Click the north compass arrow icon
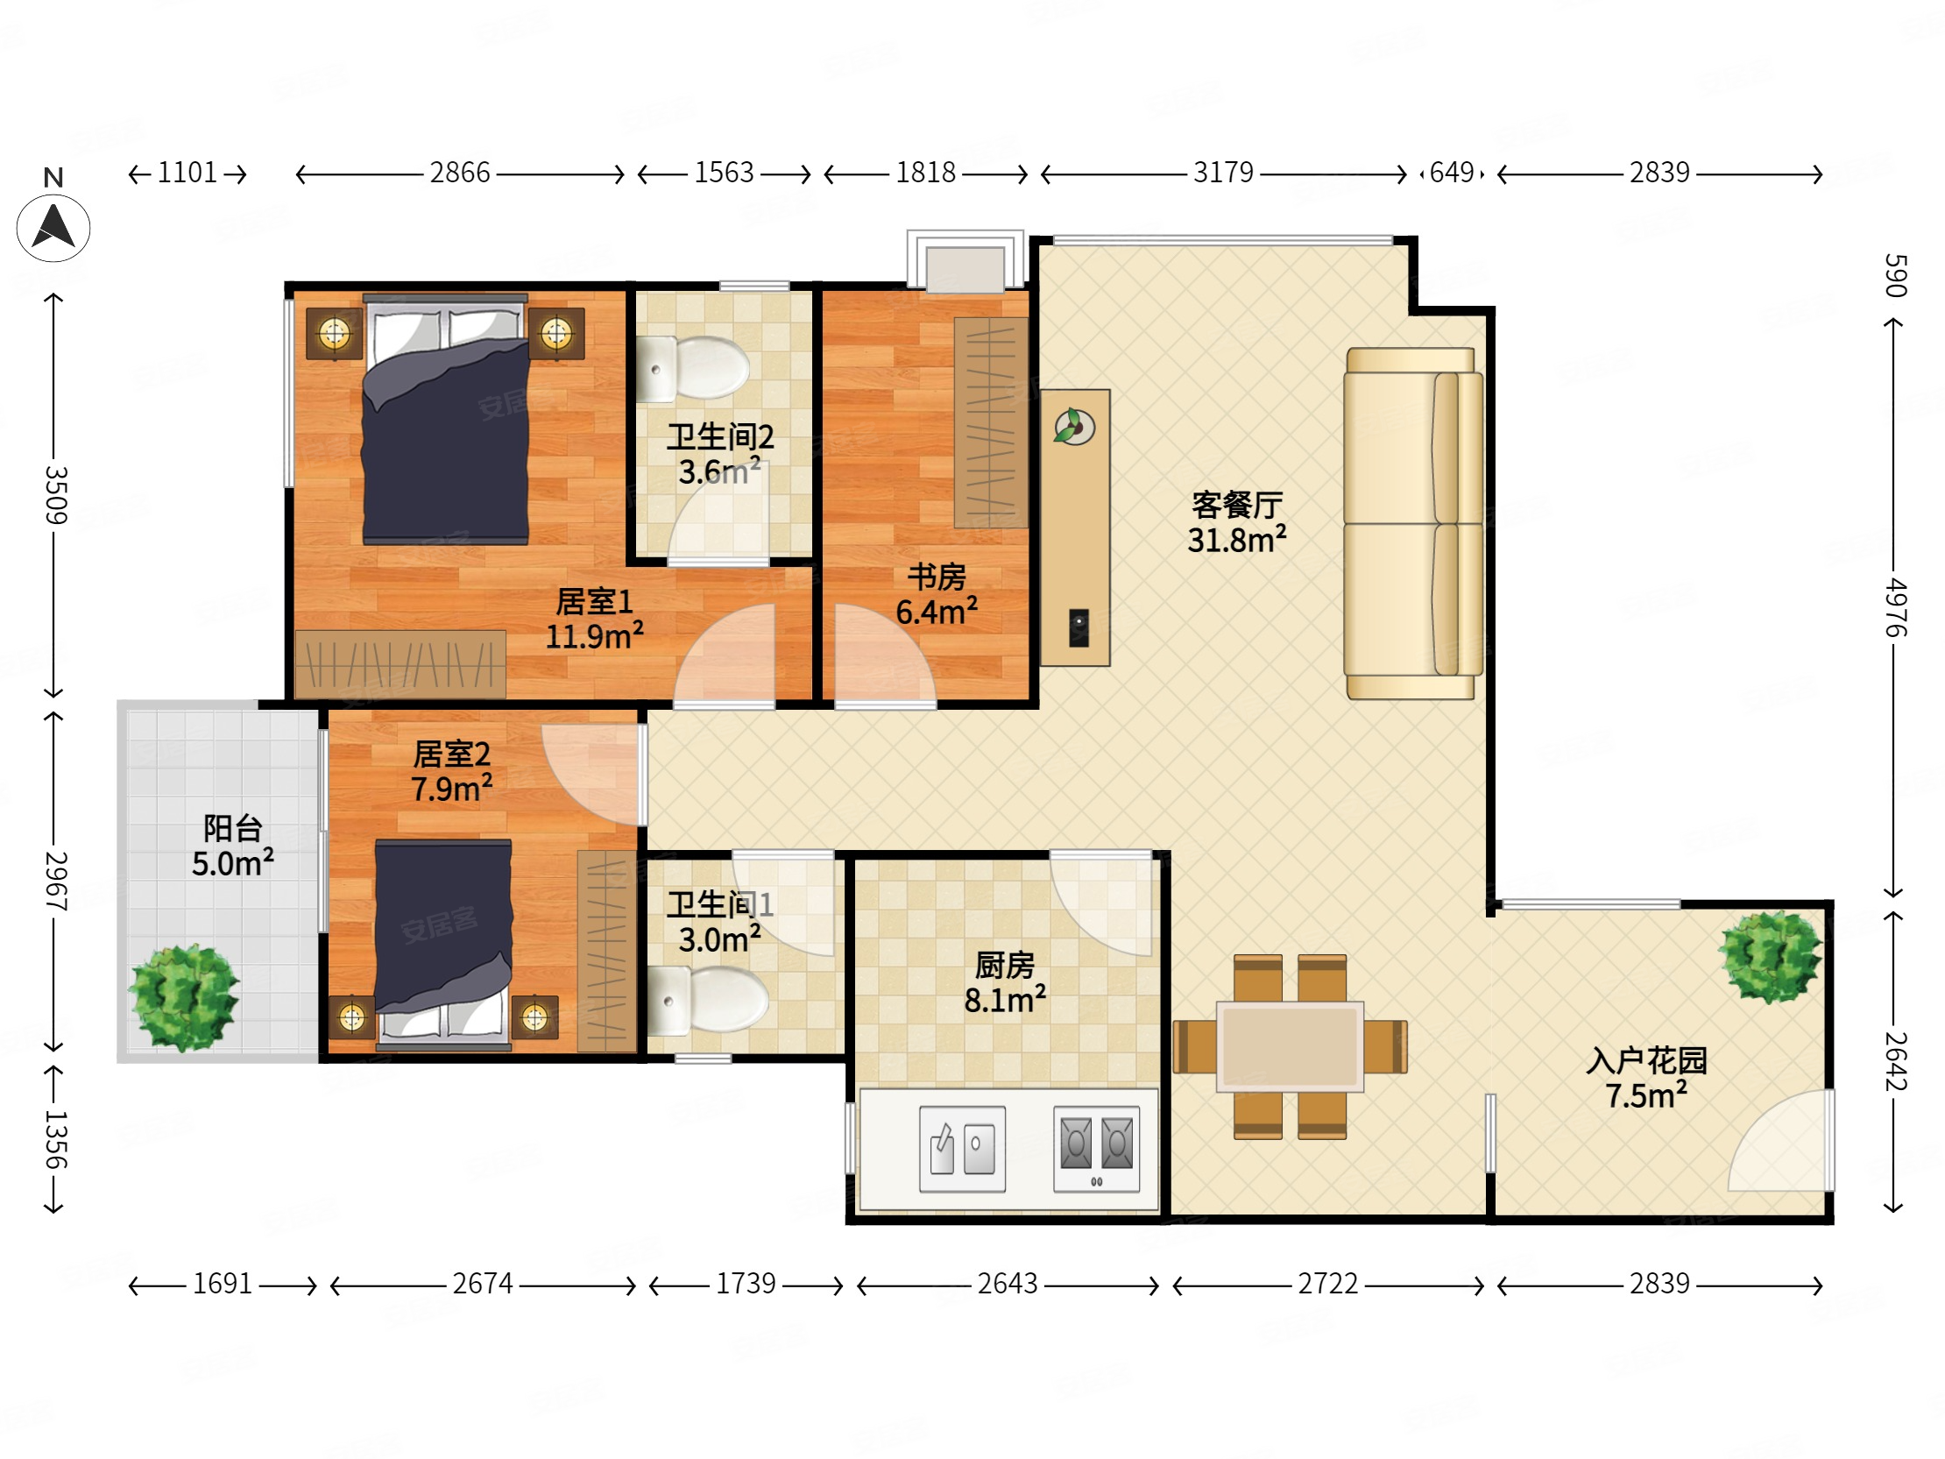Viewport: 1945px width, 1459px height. click(53, 228)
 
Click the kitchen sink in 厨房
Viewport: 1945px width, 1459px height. click(962, 1149)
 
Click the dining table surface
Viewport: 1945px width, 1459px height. click(1290, 1046)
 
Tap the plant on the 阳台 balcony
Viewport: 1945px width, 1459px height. click(184, 997)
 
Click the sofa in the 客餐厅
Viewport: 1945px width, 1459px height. click(1411, 523)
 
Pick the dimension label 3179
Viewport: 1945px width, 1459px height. click(1223, 173)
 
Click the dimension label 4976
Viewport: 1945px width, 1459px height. click(1896, 606)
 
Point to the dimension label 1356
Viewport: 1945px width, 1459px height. click(55, 1140)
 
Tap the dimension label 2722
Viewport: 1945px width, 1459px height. click(1327, 1284)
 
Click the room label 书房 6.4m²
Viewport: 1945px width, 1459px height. click(937, 594)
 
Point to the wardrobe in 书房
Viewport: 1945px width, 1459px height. click(991, 422)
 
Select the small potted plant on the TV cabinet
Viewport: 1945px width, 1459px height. click(1072, 428)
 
